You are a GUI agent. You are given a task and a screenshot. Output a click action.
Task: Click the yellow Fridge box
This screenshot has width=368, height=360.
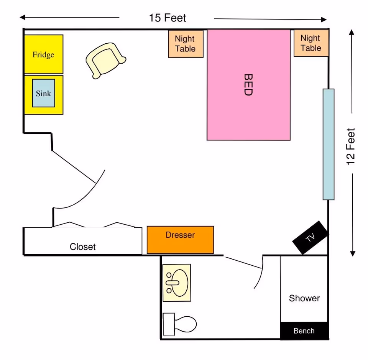pos(43,54)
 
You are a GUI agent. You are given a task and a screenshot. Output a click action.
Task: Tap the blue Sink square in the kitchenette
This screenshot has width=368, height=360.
pos(43,93)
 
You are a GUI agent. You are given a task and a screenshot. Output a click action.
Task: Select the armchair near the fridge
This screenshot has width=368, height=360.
pos(104,60)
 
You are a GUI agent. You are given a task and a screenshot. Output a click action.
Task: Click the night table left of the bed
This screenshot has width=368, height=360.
pos(186,44)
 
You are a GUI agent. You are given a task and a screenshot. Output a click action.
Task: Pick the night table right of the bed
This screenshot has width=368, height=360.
pos(311,43)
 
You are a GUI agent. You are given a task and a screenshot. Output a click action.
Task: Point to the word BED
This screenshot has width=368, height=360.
pos(248,85)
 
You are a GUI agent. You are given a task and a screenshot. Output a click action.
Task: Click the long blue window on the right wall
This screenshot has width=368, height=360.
pos(328,144)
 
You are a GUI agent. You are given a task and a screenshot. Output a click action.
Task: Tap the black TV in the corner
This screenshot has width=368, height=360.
pos(310,238)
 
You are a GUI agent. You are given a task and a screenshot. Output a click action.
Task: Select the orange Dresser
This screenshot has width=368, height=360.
pos(180,240)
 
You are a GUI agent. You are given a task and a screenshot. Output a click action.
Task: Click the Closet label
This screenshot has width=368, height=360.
pos(82,247)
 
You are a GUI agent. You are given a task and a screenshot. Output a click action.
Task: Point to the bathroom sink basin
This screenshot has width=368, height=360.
pos(177,283)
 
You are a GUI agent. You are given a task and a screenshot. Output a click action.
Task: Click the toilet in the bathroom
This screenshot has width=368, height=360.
pos(180,324)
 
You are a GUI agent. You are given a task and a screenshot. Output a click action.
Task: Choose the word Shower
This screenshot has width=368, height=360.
pos(304,298)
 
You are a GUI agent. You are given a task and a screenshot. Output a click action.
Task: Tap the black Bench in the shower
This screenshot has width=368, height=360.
pos(304,331)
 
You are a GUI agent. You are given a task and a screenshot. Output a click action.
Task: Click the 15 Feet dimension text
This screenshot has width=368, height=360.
pos(168,18)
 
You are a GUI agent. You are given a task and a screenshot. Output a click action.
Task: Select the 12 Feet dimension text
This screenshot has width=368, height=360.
pos(351,146)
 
